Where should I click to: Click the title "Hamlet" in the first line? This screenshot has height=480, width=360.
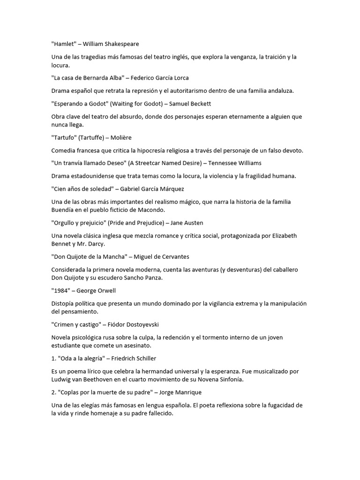pos(64,44)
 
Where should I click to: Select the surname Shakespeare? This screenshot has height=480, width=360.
pos(120,44)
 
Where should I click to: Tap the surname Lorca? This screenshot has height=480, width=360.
pos(179,78)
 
